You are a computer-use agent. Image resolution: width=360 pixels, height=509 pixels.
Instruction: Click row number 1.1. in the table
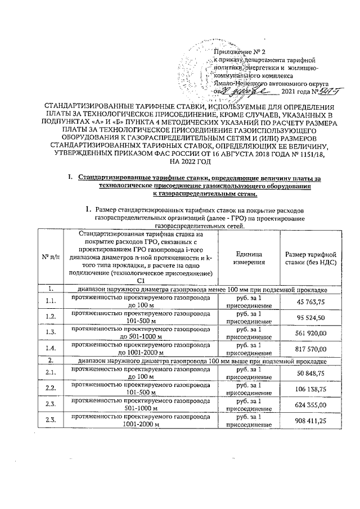tap(50, 303)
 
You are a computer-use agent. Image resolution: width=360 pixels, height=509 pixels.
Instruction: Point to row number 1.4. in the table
tap(50, 348)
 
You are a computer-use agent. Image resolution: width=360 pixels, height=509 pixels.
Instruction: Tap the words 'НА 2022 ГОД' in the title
tap(180, 162)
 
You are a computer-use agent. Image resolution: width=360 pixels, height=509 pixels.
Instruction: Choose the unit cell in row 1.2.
tap(249, 318)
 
